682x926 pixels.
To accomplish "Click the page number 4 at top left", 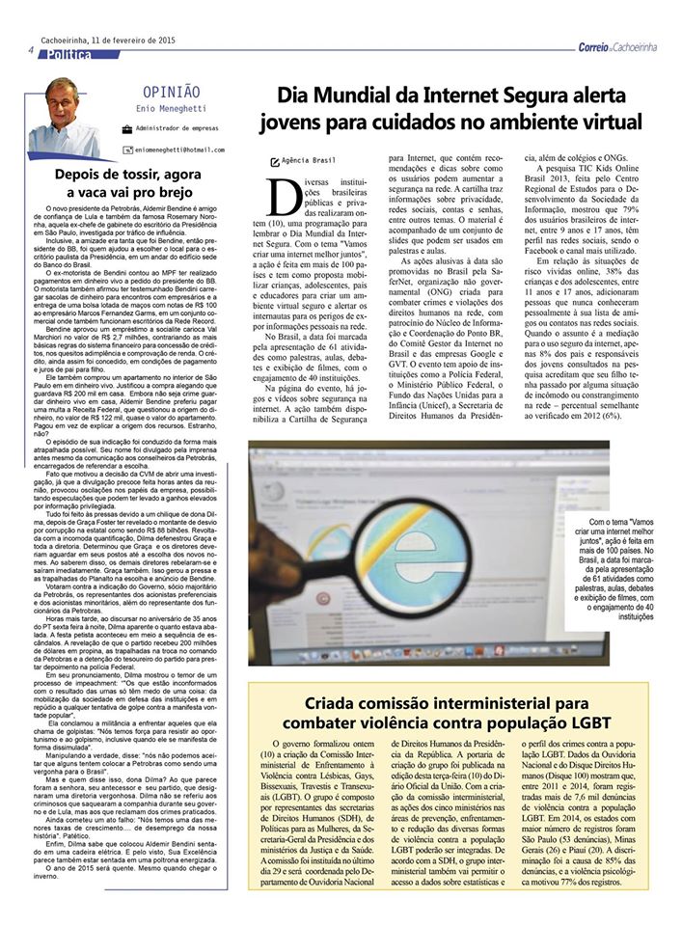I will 31,50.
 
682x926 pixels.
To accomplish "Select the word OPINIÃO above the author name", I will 171,91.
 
